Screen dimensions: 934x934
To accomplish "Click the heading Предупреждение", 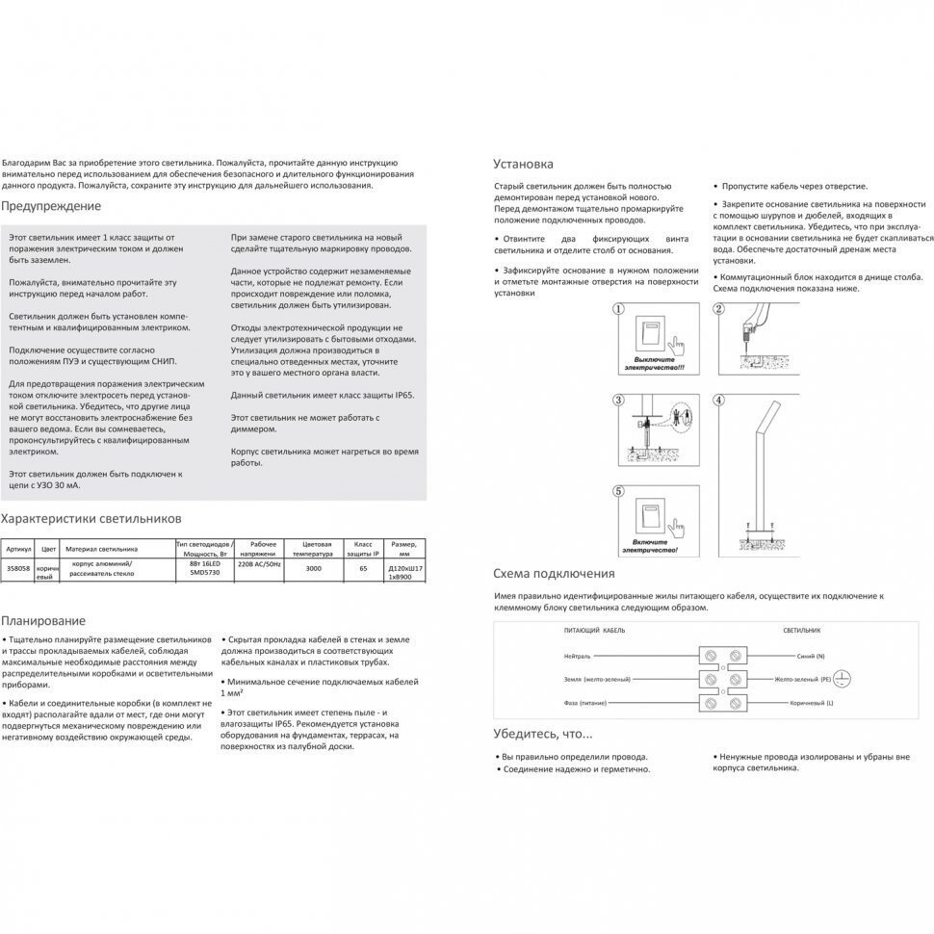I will (51, 206).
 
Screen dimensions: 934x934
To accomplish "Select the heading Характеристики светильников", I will (91, 518).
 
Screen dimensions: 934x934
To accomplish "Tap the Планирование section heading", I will (43, 621).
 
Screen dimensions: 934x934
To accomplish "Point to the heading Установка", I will (523, 165).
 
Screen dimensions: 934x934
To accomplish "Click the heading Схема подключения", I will (554, 574).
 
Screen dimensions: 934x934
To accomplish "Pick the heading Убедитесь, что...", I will (543, 735).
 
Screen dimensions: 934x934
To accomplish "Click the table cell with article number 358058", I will (17, 569).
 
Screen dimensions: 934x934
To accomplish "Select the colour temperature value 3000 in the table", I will (314, 569).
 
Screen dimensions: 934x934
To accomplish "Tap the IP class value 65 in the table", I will (363, 569).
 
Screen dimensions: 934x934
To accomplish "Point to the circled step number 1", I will (619, 310).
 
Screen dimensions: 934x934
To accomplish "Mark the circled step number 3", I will (619, 400).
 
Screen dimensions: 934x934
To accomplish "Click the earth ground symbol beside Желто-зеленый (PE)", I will (839, 677).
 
